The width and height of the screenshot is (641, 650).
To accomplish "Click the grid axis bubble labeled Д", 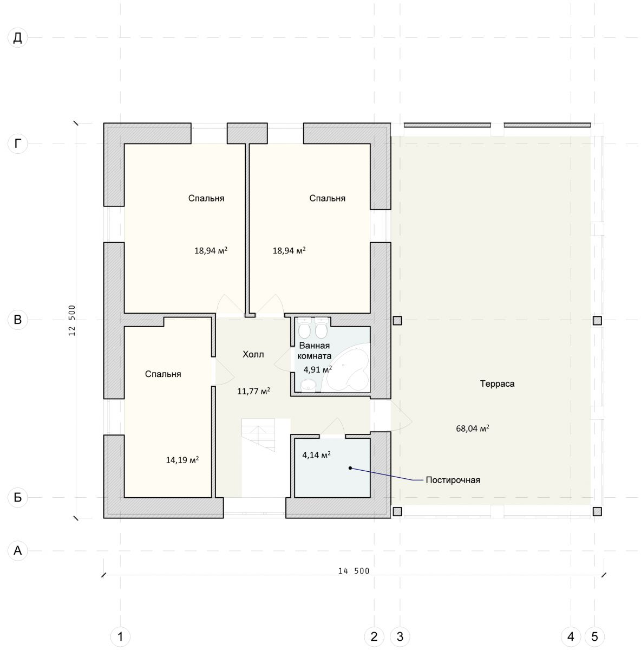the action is [x=17, y=37].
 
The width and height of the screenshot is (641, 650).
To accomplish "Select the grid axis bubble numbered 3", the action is [x=400, y=636].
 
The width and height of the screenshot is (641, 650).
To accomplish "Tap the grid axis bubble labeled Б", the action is [x=17, y=497].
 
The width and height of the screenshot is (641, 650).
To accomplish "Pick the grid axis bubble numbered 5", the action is [x=594, y=636].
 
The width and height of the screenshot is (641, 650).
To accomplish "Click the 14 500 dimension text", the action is [x=354, y=571].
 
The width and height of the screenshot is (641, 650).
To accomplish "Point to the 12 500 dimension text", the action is [x=72, y=320].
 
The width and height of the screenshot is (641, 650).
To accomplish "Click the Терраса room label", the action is [x=497, y=383].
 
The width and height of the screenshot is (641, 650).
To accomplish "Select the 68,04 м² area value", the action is [x=473, y=428].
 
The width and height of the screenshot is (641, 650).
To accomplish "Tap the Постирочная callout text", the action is [x=453, y=480].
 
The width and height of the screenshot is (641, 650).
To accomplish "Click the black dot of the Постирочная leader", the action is [x=350, y=468].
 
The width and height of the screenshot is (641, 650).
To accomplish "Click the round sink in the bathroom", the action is [x=307, y=385].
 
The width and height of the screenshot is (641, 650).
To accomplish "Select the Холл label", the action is [x=253, y=354].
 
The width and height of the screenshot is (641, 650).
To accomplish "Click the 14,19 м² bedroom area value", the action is [x=182, y=460].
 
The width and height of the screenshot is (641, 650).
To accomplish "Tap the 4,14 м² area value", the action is [x=316, y=454].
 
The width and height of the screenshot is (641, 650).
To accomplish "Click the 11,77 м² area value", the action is [x=253, y=391].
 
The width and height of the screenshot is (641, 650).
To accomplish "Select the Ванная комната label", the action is [x=314, y=350].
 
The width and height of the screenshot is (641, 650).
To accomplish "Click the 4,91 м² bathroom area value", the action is [x=317, y=369].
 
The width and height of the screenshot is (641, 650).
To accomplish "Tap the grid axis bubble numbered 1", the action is [x=120, y=636].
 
